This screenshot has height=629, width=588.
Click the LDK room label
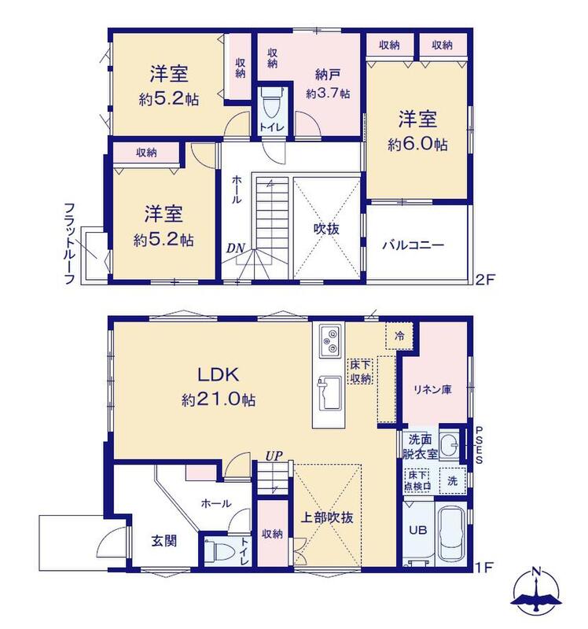219,374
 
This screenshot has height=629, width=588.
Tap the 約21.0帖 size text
219,399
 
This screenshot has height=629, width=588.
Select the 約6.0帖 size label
417,145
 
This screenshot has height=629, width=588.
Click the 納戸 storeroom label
328,75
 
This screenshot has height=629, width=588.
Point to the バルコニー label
413,245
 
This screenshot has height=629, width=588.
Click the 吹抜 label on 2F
326,229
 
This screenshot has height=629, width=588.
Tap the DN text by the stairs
236,248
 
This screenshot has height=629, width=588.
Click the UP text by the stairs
274,456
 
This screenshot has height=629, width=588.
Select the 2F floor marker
484,279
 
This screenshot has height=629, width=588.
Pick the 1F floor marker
484,567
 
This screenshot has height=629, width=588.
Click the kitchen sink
329,394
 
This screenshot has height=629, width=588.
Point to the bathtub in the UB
452,534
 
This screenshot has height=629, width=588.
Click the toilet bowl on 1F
220,552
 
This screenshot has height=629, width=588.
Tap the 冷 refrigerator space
399,337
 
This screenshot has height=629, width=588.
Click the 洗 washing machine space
453,480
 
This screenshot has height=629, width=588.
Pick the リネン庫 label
433,389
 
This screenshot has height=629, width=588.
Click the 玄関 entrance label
164,541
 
